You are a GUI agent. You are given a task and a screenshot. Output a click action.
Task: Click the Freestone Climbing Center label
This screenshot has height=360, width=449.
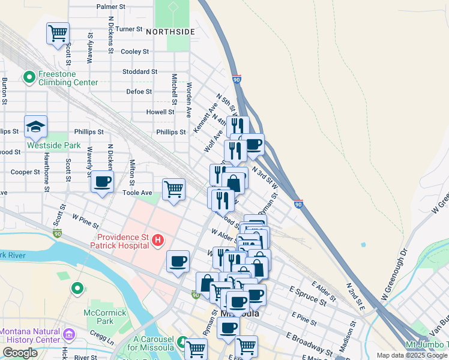(x=68, y=78)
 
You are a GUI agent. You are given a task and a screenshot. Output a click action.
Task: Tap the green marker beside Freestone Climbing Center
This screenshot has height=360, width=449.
(x=28, y=77)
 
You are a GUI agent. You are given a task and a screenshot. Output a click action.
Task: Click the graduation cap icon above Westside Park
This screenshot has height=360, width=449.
(x=36, y=127)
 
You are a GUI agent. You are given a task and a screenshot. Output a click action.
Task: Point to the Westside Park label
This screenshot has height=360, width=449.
(x=53, y=145)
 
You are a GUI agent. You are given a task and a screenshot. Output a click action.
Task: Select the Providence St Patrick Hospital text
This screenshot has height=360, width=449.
(x=119, y=241)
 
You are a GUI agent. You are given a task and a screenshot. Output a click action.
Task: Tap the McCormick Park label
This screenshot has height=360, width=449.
(x=105, y=317)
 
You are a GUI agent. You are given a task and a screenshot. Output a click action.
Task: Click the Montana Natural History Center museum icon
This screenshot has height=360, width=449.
(x=69, y=334)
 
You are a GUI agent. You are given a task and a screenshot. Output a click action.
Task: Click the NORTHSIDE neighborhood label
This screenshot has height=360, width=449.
(x=170, y=31)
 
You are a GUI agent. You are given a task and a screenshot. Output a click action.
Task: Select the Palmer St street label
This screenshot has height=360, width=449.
(x=110, y=7)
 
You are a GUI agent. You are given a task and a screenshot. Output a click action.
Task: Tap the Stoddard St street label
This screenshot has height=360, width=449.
(x=139, y=71)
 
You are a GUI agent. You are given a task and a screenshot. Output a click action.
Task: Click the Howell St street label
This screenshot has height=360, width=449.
(x=160, y=112)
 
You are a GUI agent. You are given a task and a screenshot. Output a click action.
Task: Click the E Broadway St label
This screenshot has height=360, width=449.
(x=309, y=343)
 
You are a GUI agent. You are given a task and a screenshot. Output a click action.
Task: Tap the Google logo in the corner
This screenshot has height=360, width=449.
(x=20, y=353)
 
